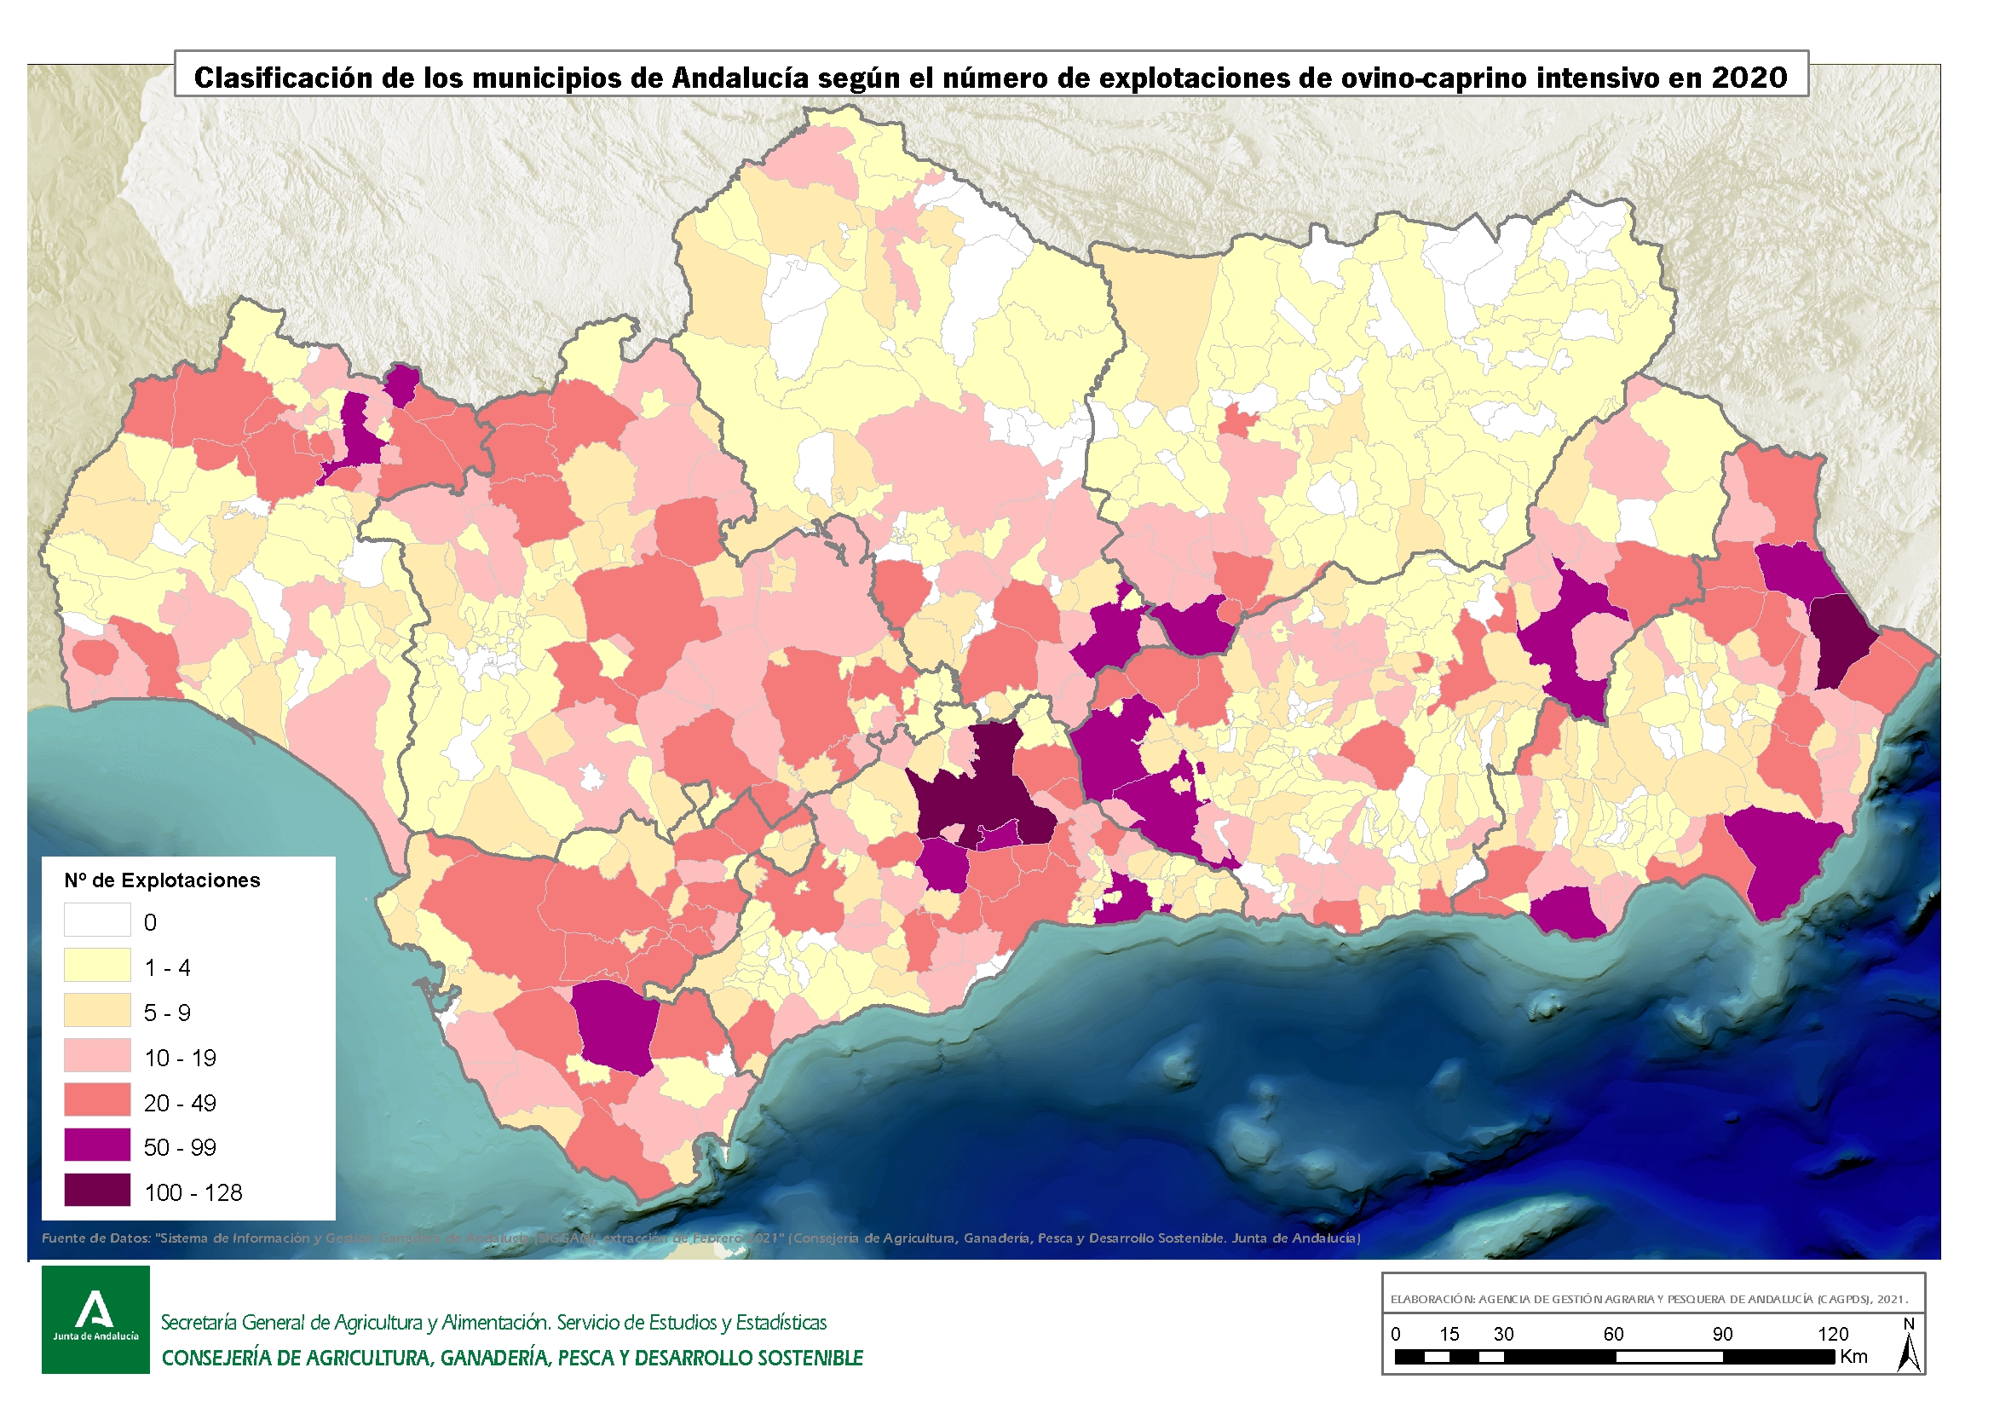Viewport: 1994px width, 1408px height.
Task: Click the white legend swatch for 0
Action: (97, 919)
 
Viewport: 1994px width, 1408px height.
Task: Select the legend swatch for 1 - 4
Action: (97, 964)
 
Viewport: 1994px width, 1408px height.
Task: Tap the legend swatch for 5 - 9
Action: (97, 1009)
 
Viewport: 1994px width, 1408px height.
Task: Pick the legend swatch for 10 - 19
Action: (97, 1054)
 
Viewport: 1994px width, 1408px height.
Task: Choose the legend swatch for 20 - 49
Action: (97, 1099)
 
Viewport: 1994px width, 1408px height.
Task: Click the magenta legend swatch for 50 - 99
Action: (97, 1145)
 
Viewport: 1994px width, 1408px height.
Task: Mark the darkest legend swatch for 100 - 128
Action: (97, 1190)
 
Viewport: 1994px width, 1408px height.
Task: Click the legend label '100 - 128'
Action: (193, 1192)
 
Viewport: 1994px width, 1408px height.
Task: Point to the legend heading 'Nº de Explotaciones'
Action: (162, 880)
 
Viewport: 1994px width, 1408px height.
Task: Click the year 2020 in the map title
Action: (1749, 78)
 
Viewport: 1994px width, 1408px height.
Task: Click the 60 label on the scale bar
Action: (1613, 1333)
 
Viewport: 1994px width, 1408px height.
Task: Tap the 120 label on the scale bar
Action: (1832, 1333)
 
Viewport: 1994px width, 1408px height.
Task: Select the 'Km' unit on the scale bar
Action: (1853, 1357)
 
